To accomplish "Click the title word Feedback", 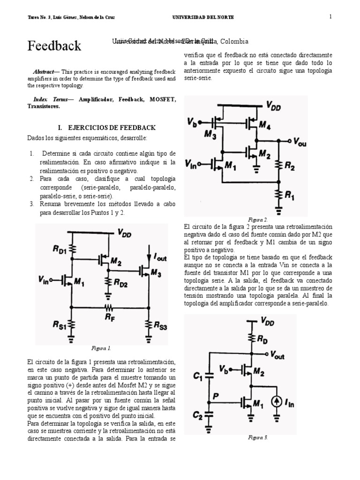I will (x=54, y=46).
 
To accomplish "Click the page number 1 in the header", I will (x=330, y=17).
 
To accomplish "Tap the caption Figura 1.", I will (x=101, y=348).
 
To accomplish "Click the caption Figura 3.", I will (x=258, y=437).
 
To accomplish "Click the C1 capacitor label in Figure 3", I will (x=198, y=375).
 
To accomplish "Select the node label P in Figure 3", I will (x=216, y=396).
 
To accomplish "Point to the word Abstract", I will (x=43, y=72).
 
